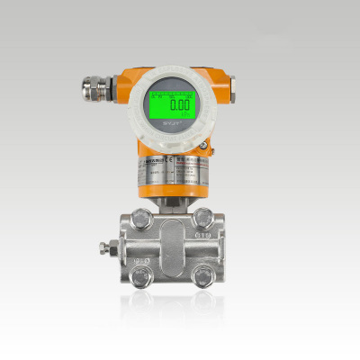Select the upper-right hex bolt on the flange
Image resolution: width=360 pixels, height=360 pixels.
click(x=203, y=217)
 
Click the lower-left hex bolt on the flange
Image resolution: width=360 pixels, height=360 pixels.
click(x=141, y=277)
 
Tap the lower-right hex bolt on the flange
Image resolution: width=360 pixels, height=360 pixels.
click(x=204, y=277)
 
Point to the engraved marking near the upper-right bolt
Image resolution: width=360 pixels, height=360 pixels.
click(x=204, y=236)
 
